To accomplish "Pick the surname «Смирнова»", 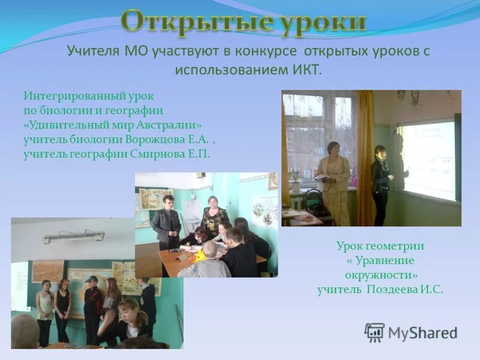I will tap(161, 154).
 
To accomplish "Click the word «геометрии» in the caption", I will tap(400, 246).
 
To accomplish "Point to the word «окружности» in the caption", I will tap(380, 275).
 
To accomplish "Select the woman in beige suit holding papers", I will tap(334, 180).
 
